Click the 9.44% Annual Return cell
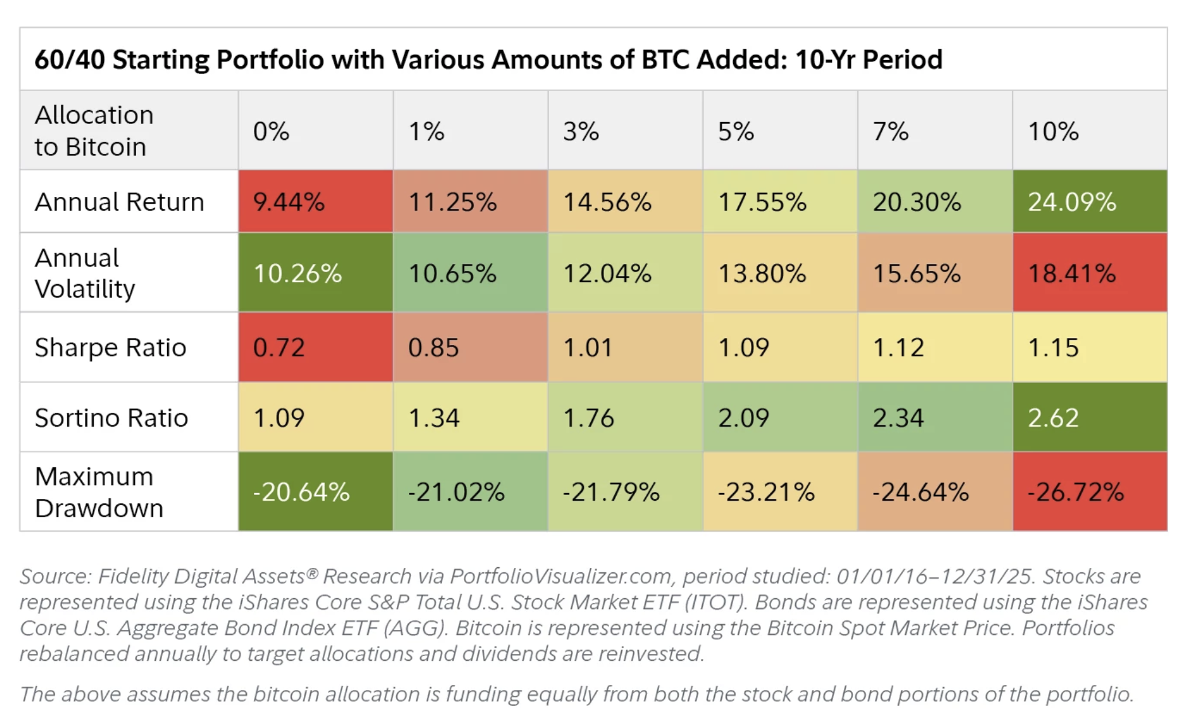[315, 202]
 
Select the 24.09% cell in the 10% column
[1089, 202]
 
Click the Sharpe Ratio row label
[111, 348]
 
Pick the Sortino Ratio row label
[111, 418]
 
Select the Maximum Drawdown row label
[99, 492]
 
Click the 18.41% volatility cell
[1089, 273]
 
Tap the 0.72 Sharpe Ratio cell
[315, 348]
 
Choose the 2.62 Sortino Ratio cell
[1089, 418]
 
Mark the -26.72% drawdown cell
[1089, 492]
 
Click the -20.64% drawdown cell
[315, 492]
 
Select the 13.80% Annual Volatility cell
[779, 273]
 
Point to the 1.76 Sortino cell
[625, 418]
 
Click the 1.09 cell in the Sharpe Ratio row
[779, 348]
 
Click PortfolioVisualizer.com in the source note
[560, 576]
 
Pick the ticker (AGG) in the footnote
[415, 628]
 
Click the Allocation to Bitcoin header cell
[94, 131]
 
